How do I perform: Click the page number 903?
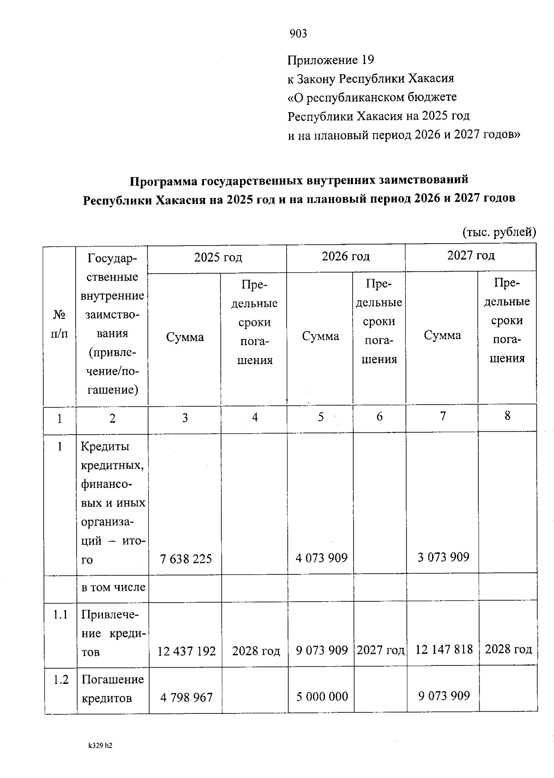(298, 34)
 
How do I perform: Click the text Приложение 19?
(331, 60)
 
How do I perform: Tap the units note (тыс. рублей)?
(499, 232)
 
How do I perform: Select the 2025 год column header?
(218, 257)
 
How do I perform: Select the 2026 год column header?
(346, 256)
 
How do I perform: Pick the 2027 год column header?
(471, 255)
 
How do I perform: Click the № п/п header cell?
(59, 324)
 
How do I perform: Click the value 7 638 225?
(186, 559)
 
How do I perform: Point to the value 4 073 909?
(321, 558)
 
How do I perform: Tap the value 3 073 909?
(443, 557)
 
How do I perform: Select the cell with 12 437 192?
(187, 651)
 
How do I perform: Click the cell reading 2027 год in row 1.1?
(380, 650)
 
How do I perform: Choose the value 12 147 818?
(444, 650)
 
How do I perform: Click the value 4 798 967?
(187, 697)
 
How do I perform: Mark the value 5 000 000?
(322, 696)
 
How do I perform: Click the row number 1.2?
(60, 679)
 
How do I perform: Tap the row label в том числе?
(113, 587)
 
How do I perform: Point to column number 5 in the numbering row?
(321, 417)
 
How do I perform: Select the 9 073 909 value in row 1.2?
(444, 695)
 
